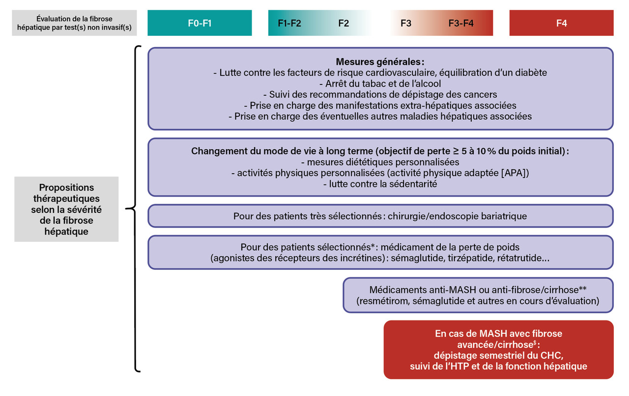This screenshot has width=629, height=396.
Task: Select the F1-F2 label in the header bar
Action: (x=289, y=23)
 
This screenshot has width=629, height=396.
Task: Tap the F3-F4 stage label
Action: (x=461, y=23)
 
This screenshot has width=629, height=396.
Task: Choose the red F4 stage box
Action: (x=562, y=23)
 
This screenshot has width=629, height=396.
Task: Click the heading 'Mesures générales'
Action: (x=380, y=62)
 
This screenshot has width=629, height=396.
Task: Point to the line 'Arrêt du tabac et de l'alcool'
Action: (x=380, y=83)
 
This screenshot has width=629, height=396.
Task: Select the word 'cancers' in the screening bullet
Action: (x=482, y=94)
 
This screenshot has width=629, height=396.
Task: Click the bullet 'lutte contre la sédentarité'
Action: (x=380, y=184)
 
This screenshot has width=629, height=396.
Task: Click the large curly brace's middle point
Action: (x=129, y=209)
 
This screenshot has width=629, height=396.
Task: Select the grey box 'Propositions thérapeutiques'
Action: (x=66, y=209)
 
